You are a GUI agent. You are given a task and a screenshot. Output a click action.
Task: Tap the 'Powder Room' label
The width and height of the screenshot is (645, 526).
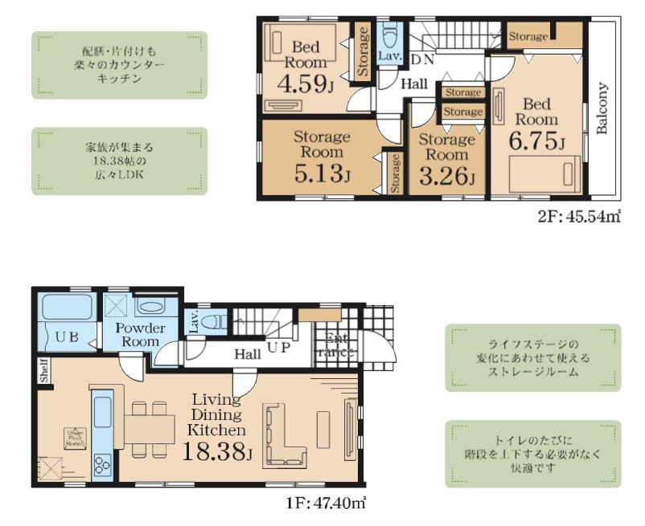(x=140, y=335)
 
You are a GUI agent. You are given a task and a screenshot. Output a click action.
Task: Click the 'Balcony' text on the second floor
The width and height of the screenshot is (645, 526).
(x=602, y=108)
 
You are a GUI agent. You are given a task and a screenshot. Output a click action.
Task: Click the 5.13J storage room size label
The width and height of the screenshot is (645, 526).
(x=321, y=173)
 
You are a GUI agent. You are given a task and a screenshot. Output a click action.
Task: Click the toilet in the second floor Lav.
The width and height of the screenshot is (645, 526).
(x=391, y=37)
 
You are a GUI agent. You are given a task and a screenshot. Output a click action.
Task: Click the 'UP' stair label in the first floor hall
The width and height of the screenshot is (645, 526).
(x=278, y=348)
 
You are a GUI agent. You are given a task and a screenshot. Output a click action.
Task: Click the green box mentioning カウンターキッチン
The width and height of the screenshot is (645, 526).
(x=120, y=65)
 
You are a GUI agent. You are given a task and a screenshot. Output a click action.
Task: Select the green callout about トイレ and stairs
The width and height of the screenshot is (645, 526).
(x=533, y=454)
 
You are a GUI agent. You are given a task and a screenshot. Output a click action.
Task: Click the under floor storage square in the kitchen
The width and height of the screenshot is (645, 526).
(x=76, y=438)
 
